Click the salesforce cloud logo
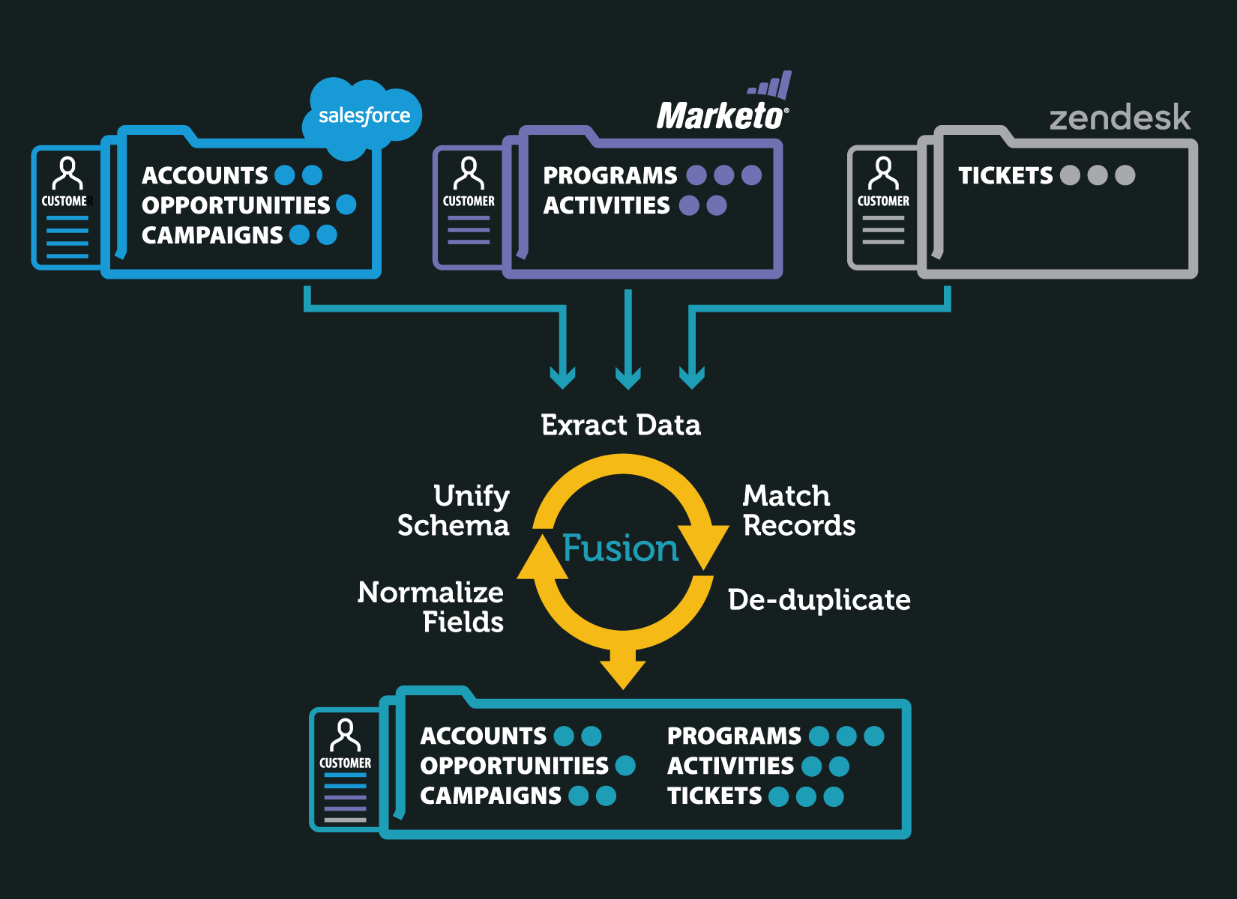click(364, 117)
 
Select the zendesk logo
click(1119, 118)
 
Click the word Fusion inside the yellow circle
click(621, 548)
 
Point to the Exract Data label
click(621, 426)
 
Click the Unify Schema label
click(454, 511)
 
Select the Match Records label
click(798, 511)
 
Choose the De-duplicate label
click(819, 600)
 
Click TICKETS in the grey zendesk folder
click(1005, 175)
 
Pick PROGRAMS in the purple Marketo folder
click(610, 175)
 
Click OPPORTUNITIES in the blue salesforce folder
click(235, 205)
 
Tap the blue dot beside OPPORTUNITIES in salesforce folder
click(346, 205)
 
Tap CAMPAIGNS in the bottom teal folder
click(490, 796)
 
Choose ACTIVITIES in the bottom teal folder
click(730, 766)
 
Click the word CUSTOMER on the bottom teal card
click(345, 763)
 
